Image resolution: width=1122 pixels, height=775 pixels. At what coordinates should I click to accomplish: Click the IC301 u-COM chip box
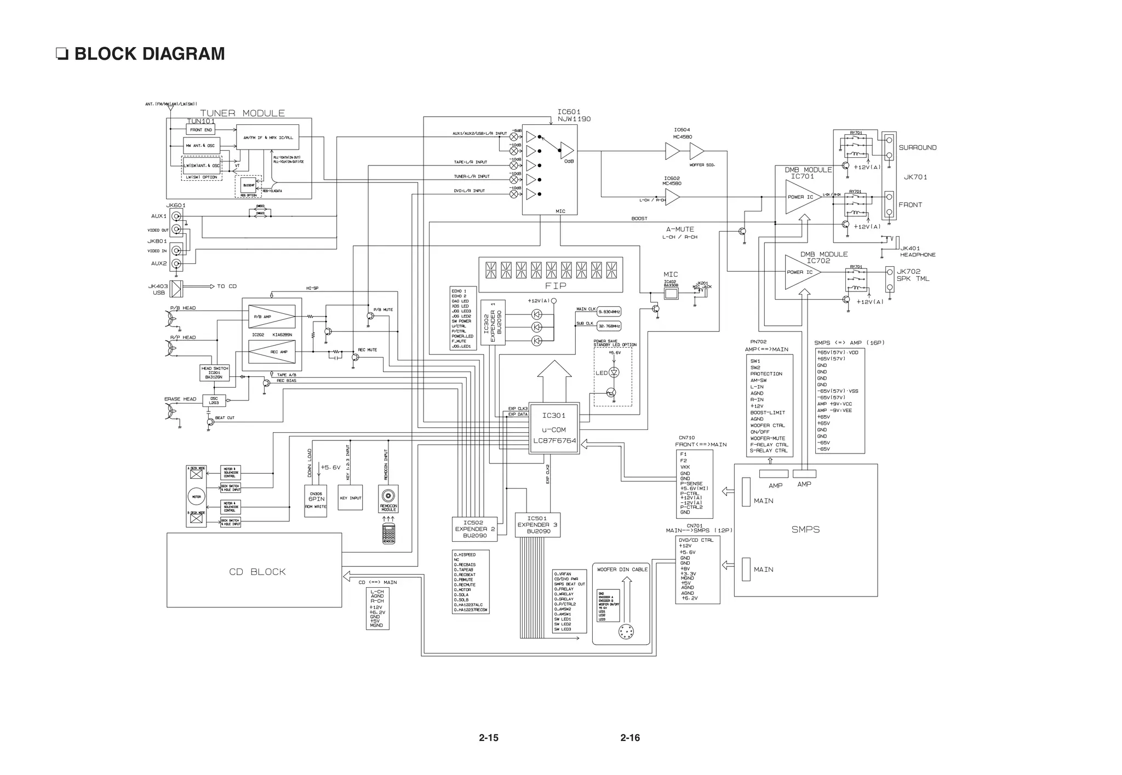pos(554,429)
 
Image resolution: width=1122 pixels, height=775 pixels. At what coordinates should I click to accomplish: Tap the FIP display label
pos(556,285)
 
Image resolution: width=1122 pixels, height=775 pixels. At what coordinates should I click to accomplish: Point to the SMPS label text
pos(805,530)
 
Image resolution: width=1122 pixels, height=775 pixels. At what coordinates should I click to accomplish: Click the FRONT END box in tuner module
pos(201,130)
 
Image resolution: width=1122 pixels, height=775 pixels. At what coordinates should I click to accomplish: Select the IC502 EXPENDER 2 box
pos(474,529)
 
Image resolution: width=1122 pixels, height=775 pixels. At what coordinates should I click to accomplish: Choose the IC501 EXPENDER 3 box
pos(537,525)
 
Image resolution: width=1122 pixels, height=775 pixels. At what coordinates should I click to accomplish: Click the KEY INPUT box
pos(350,498)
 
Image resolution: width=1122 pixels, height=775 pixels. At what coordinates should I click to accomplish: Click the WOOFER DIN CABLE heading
pos(622,570)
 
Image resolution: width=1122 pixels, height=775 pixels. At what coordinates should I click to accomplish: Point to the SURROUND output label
pos(917,148)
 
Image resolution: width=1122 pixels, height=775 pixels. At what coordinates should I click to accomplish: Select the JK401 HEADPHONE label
pos(917,251)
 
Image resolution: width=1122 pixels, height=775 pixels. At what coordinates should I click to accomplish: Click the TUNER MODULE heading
pos(242,113)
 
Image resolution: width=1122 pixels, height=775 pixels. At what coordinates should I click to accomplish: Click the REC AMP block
pos(272,352)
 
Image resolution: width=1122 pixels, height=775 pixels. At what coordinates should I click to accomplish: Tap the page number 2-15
pos(488,738)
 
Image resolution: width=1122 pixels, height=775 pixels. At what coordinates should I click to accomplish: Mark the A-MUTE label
pos(680,229)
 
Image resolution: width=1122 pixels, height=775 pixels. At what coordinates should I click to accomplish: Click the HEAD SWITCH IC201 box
pos(214,372)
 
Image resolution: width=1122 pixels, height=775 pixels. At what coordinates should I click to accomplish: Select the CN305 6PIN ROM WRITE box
pos(316,500)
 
